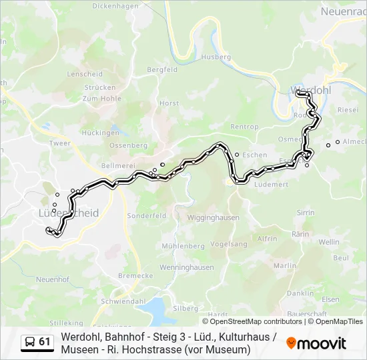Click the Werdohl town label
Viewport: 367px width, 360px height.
306,89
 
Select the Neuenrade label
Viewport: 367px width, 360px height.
343,11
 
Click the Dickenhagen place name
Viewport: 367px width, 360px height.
115,6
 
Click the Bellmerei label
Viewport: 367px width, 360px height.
115,165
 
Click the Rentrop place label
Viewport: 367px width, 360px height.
244,127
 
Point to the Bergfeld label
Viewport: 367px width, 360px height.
161,69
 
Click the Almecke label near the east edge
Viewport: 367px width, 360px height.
354,142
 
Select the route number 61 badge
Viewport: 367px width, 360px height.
45,342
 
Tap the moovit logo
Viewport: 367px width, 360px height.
316,343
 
